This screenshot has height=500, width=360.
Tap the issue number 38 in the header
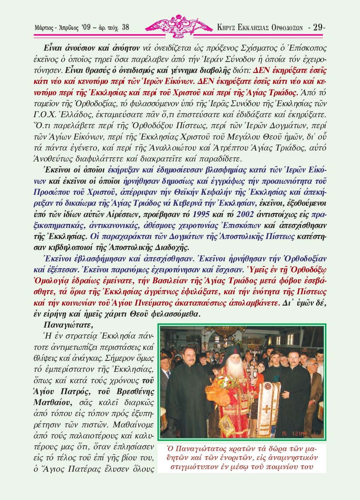[x=125, y=27]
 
